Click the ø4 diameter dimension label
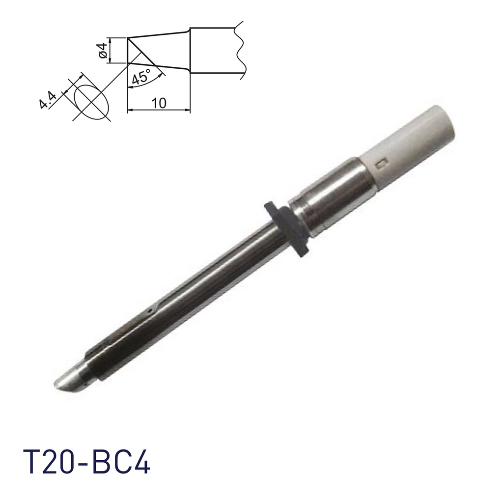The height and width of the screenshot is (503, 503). [103, 51]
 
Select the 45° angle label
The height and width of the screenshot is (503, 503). [140, 78]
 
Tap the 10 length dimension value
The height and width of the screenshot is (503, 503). [159, 103]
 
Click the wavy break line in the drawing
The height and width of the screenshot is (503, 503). [240, 49]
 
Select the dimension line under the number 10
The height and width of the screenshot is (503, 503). [159, 111]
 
